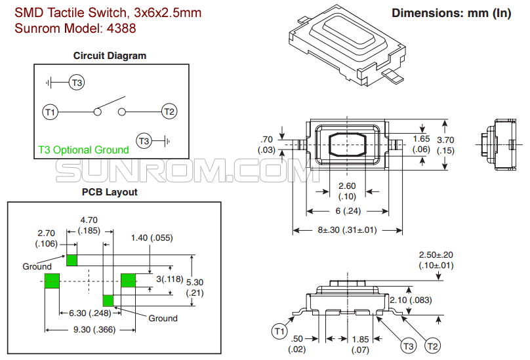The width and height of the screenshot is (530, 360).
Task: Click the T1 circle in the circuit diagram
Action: (50, 111)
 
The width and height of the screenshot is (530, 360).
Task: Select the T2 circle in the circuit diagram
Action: (169, 111)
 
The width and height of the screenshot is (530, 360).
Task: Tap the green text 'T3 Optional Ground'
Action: (83, 150)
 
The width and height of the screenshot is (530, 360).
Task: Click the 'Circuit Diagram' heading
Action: (110, 56)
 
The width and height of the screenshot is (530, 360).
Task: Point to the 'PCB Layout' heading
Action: (110, 192)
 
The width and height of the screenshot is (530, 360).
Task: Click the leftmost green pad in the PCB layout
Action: (52, 281)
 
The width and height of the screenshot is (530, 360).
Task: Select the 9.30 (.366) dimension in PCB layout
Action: (96, 330)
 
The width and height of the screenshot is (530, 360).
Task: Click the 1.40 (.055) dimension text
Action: (152, 237)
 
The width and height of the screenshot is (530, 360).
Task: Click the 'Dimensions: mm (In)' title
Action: (451, 13)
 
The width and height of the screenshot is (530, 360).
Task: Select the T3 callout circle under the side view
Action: (408, 346)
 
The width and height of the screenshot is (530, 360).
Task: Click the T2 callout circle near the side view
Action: (433, 346)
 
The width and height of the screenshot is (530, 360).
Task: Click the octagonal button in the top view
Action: (347, 144)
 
